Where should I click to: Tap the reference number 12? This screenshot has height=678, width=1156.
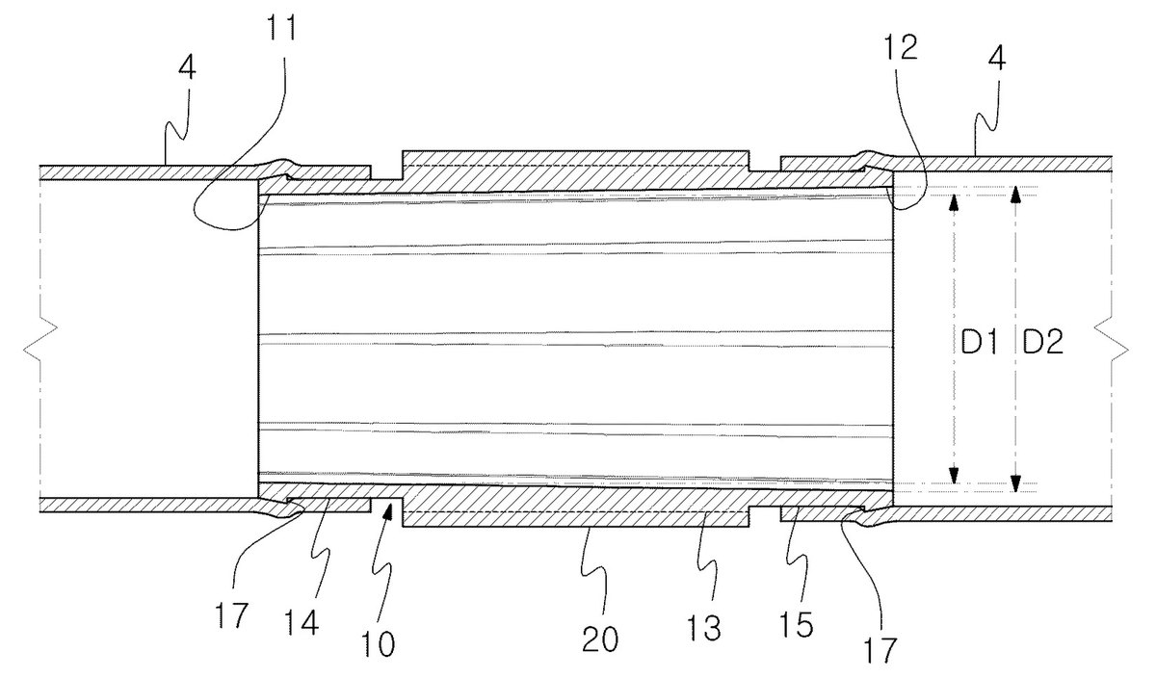point(901,47)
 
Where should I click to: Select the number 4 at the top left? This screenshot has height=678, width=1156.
point(187,67)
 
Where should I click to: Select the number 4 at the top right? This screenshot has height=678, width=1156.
point(997,59)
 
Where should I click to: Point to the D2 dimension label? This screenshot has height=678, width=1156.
point(1043,342)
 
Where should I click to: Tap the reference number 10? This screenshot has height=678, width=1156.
point(379,643)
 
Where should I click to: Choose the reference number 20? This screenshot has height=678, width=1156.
point(600,639)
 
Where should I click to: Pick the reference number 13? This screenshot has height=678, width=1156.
point(704,628)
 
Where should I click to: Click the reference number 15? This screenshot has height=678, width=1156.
point(797,625)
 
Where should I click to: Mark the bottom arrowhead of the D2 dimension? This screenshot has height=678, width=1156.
point(1015,482)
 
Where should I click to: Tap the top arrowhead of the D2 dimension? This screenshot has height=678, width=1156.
point(1015,195)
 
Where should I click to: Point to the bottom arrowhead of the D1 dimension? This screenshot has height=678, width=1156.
point(954,475)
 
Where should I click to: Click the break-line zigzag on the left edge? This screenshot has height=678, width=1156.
point(40,339)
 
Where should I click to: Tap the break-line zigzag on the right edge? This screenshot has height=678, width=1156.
point(1111,339)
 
